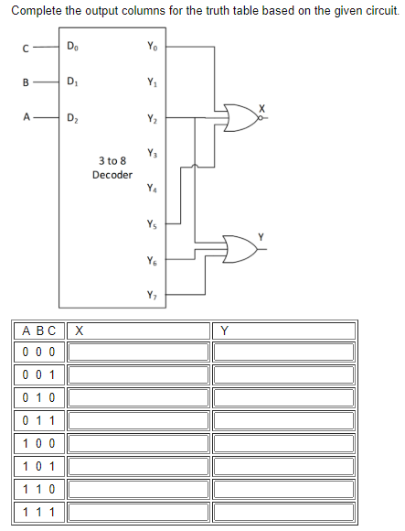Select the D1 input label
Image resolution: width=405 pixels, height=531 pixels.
pyautogui.click(x=73, y=81)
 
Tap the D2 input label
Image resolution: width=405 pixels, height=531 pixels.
pyautogui.click(x=73, y=117)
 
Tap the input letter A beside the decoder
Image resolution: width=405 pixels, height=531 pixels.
pyautogui.click(x=28, y=117)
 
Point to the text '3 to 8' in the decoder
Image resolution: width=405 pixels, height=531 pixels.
pyautogui.click(x=112, y=160)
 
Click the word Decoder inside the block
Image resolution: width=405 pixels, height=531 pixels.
pyautogui.click(x=112, y=174)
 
